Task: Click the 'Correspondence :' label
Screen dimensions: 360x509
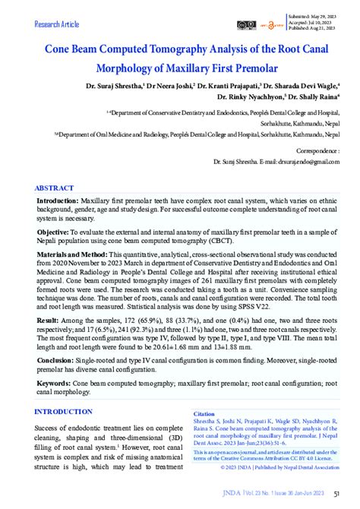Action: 315,151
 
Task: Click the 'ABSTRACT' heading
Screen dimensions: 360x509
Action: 55,188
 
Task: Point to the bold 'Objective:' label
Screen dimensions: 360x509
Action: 54,231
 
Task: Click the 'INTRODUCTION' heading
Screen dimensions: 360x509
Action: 63,412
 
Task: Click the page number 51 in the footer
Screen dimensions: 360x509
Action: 336,494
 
